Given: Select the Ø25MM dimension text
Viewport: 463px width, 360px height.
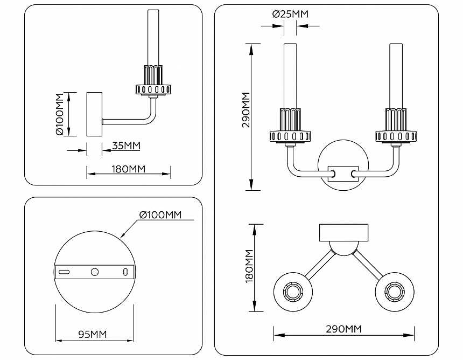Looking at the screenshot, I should point(290,15).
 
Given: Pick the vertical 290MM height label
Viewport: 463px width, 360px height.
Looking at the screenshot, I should point(246,109).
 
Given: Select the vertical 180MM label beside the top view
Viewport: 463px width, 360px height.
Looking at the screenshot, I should point(249,267).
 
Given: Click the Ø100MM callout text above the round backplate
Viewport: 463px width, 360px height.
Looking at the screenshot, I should point(160,215).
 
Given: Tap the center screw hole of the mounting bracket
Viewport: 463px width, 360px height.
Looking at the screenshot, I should point(95,272).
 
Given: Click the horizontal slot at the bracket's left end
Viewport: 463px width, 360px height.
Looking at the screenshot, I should point(65,272).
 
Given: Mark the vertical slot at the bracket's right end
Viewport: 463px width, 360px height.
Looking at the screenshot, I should point(125,272).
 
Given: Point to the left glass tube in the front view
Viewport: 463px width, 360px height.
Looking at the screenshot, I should point(291,75).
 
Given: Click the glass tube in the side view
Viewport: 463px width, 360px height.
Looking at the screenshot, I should point(152,38).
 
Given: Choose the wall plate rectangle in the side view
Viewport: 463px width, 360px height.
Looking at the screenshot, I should point(94,114).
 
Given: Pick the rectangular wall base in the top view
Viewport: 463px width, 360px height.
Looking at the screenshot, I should point(343,232).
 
